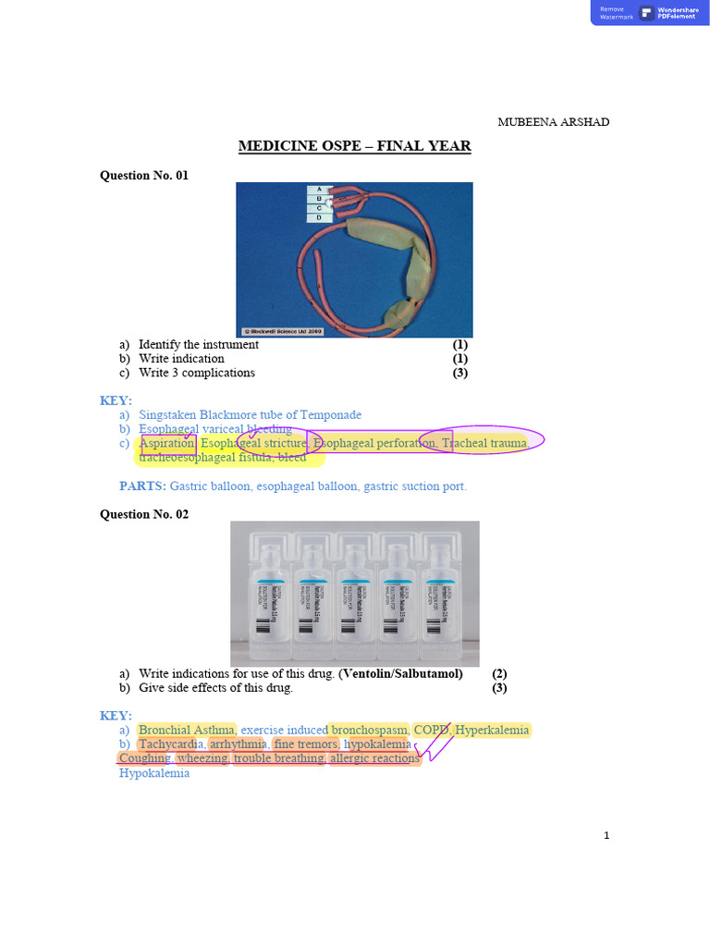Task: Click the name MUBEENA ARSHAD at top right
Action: (x=554, y=122)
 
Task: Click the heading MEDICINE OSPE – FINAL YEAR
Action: (x=354, y=146)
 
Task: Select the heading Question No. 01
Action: (x=143, y=175)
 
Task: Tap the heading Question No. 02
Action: (x=143, y=514)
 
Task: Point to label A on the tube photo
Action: (x=320, y=189)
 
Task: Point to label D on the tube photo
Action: (x=320, y=218)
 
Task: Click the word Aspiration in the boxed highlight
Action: (x=167, y=444)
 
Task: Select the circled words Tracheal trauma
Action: (x=484, y=444)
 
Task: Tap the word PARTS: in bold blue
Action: (x=142, y=486)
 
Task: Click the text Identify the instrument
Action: (x=198, y=344)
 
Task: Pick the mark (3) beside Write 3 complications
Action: (x=460, y=373)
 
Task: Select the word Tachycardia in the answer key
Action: (x=172, y=744)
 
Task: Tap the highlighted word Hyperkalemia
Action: (x=493, y=730)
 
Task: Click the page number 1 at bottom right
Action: (x=606, y=836)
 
